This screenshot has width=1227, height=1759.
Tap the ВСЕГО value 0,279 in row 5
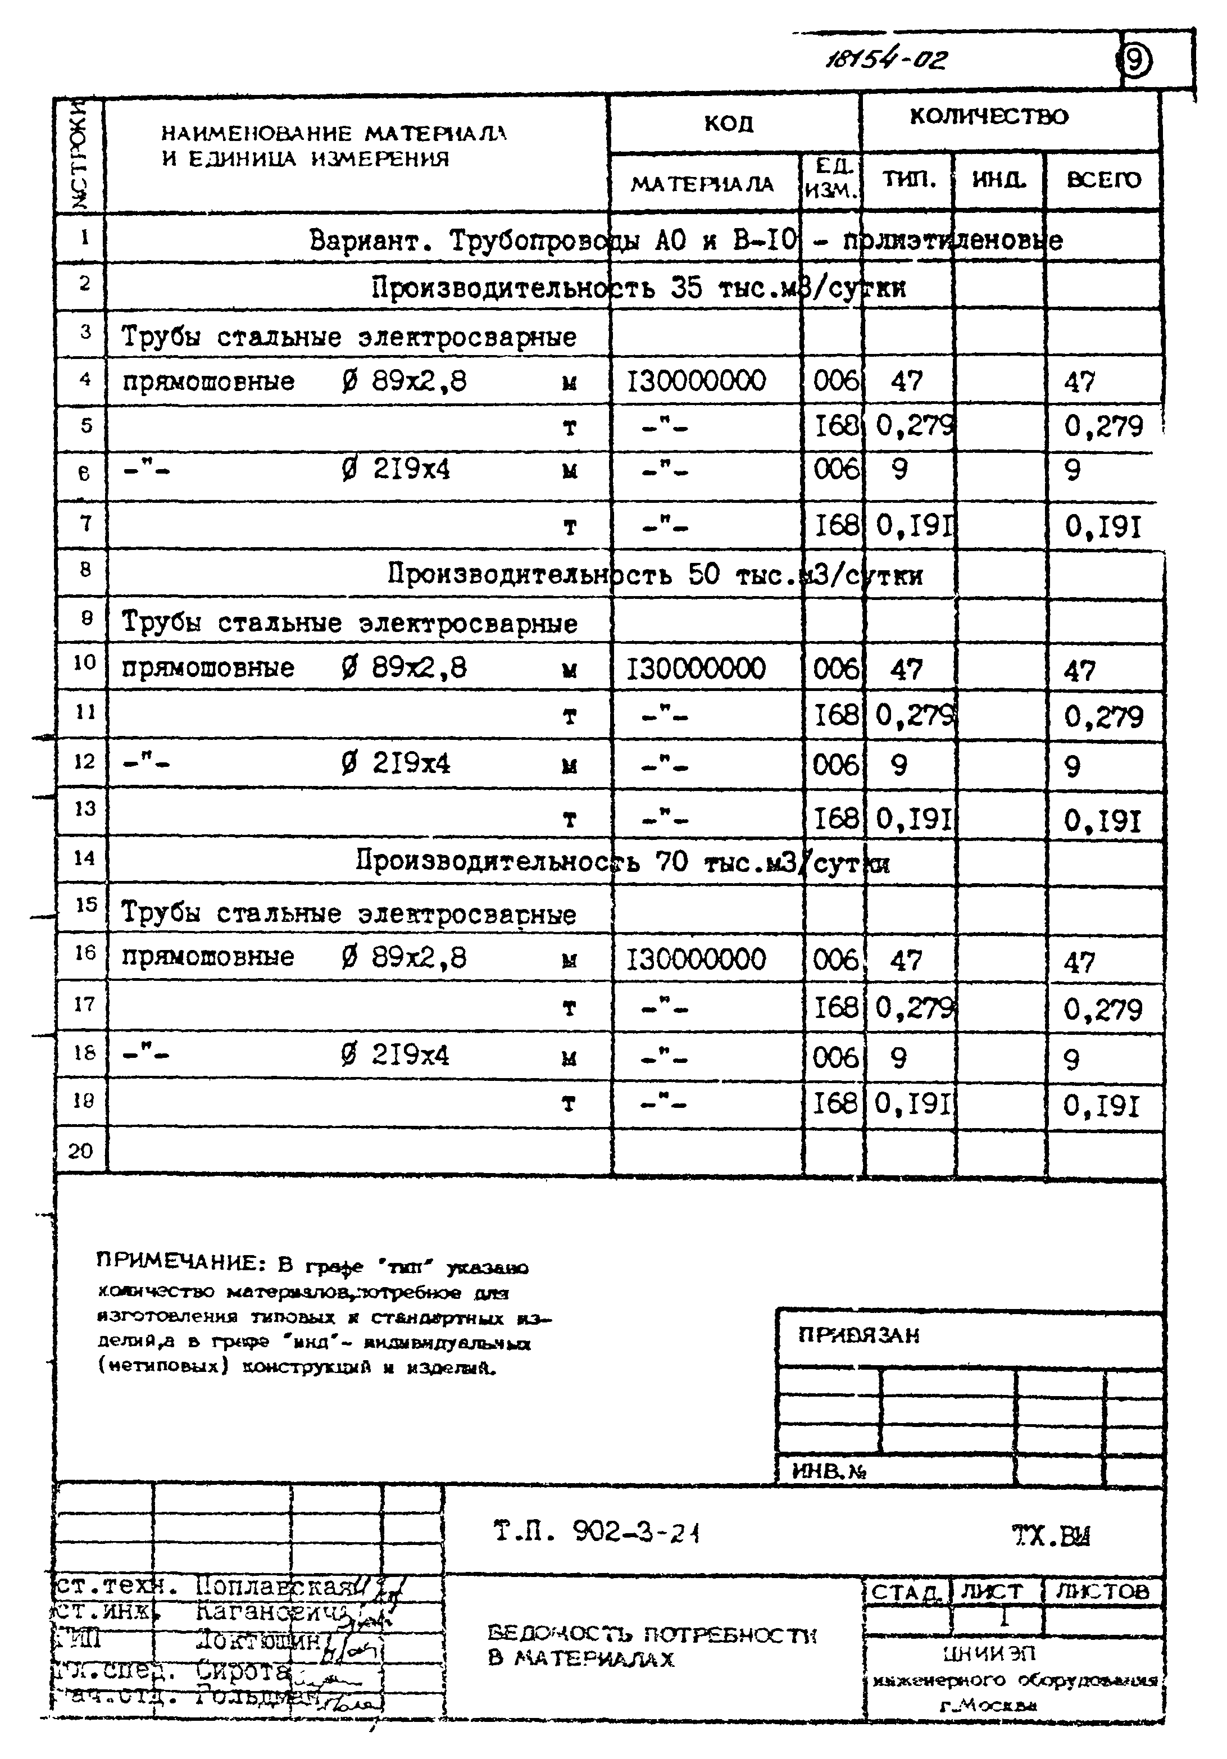pyautogui.click(x=1103, y=427)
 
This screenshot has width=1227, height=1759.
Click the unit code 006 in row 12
pyautogui.click(x=835, y=765)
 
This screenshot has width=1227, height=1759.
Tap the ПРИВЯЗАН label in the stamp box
pyautogui.click(x=858, y=1335)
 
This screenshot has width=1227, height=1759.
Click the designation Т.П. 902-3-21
pyautogui.click(x=596, y=1532)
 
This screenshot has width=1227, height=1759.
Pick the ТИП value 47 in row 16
pyautogui.click(x=906, y=960)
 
